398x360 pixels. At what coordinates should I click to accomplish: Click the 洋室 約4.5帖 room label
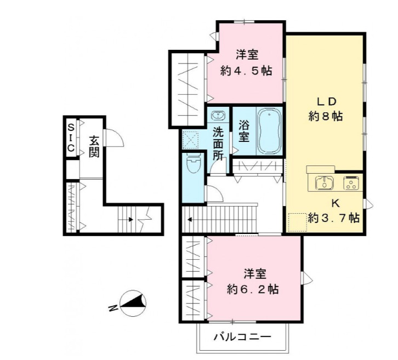246,62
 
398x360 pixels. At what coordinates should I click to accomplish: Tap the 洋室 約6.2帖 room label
253,281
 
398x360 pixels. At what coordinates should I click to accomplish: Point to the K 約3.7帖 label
333,210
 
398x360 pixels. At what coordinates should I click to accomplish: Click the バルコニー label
242,336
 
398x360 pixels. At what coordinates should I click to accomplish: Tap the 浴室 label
243,131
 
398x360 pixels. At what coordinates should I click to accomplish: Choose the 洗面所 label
218,144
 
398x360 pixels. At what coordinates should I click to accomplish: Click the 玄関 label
93,145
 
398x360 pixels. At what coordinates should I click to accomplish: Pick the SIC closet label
71,138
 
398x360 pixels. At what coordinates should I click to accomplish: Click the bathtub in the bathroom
269,131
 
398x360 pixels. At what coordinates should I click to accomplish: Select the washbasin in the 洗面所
218,116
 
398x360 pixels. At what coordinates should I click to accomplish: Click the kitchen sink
324,182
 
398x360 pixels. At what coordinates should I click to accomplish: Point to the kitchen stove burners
351,182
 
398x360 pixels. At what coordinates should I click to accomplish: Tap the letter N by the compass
112,308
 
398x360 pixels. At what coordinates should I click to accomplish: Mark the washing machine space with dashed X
192,140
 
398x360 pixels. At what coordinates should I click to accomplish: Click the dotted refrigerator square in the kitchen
297,222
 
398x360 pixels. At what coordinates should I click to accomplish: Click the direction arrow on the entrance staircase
130,220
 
